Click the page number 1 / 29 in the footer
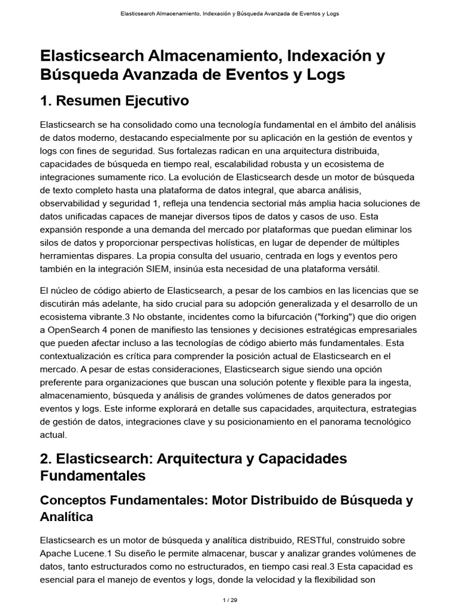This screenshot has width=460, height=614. tap(230, 599)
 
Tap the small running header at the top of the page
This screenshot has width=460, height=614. tap(229, 13)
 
